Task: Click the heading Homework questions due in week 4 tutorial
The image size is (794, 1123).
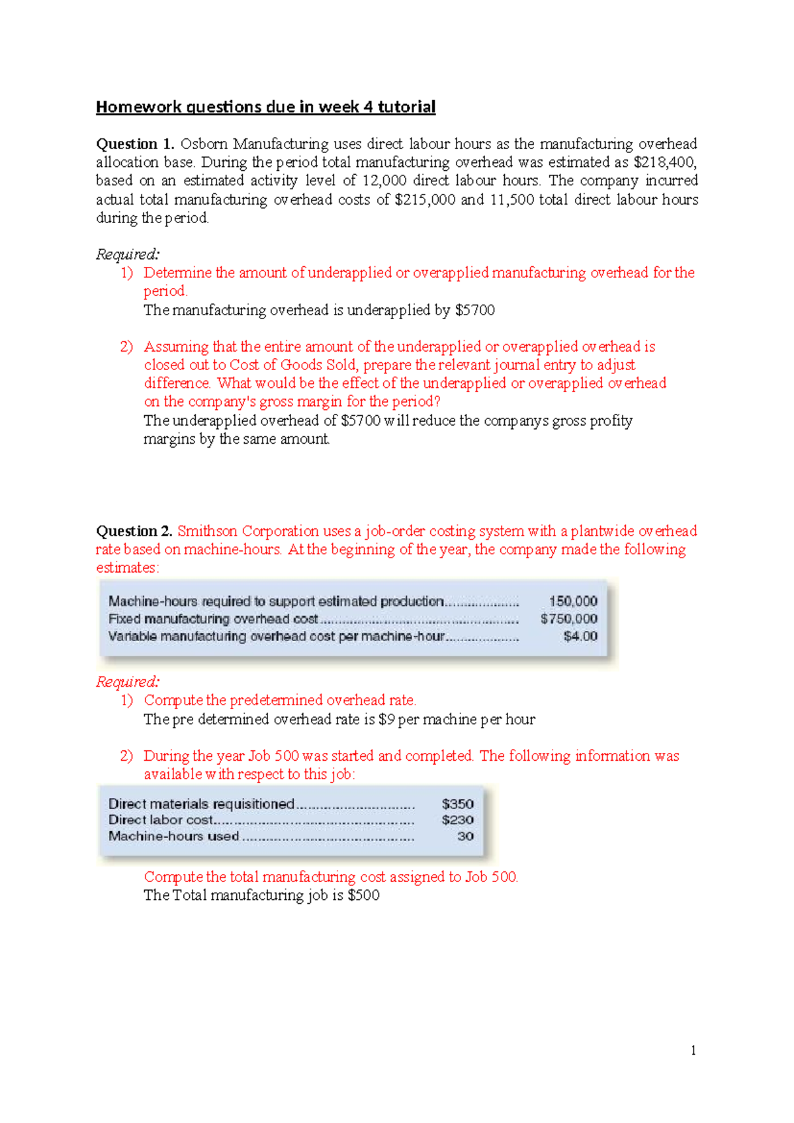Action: click(x=265, y=107)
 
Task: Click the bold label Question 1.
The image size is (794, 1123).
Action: click(x=135, y=144)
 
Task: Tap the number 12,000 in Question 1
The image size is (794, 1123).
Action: click(x=384, y=181)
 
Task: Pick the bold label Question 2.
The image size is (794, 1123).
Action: click(x=134, y=531)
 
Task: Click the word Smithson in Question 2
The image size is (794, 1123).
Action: click(x=207, y=531)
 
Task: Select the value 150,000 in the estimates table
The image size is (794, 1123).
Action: click(x=573, y=601)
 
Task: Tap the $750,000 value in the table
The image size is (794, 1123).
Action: click(x=569, y=618)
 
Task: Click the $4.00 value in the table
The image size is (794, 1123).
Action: click(x=580, y=636)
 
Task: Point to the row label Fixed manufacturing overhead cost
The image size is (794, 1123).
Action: click(x=213, y=619)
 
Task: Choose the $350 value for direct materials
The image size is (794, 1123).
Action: click(x=458, y=804)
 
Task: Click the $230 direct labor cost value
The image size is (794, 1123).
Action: click(x=458, y=820)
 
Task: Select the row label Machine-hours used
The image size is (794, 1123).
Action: click(x=173, y=836)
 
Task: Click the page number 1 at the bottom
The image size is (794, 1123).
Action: click(x=693, y=1050)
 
